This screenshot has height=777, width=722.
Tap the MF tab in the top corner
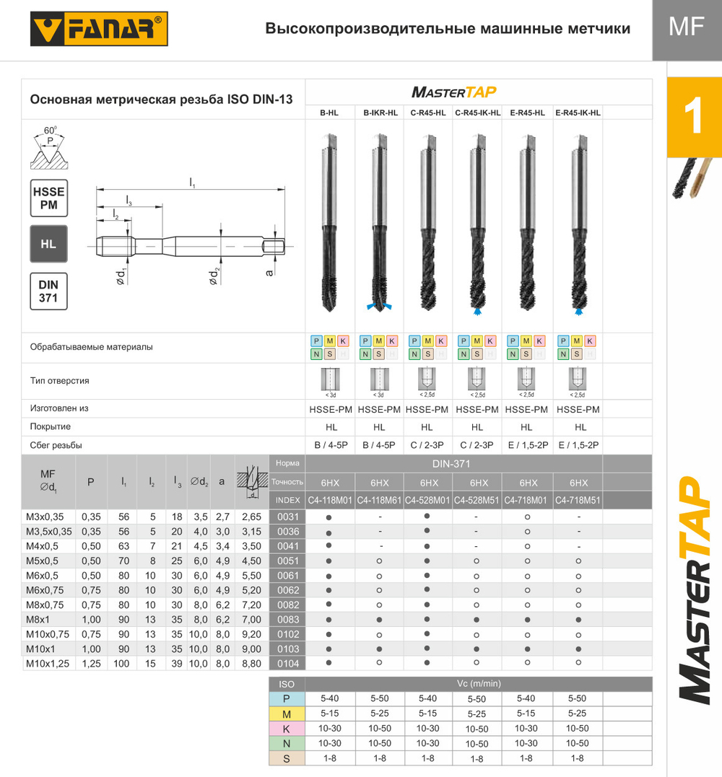(x=686, y=30)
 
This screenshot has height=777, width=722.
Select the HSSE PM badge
(x=48, y=198)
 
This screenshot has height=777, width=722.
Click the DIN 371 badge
(x=48, y=291)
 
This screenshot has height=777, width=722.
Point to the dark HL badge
(x=48, y=244)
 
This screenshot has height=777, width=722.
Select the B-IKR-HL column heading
(x=380, y=113)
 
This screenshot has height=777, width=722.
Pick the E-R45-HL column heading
(x=527, y=113)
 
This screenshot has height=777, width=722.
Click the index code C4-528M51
(x=477, y=500)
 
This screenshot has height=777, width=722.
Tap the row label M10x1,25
(x=48, y=663)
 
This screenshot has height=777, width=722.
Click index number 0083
(x=287, y=619)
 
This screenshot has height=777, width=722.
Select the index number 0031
(x=287, y=517)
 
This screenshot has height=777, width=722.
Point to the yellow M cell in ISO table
(x=287, y=714)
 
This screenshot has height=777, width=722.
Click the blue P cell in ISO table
(x=287, y=698)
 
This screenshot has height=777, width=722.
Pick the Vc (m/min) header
(x=478, y=683)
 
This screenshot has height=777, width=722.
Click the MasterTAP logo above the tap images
(x=453, y=92)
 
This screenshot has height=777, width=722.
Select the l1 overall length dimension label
(x=192, y=185)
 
